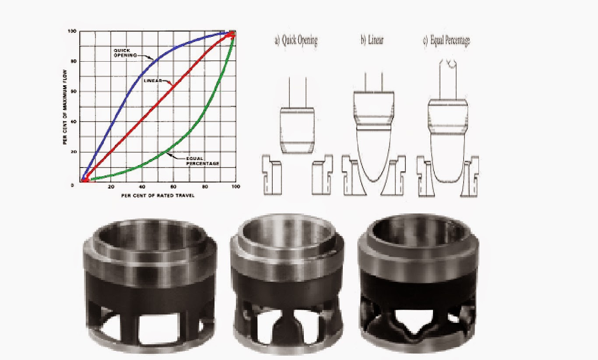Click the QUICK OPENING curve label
click(123, 53)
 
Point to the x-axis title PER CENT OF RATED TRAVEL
click(158, 196)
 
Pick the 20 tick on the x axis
click(111, 187)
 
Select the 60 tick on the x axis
click(174, 187)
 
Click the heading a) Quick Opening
click(296, 41)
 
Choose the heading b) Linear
click(372, 41)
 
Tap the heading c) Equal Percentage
click(447, 41)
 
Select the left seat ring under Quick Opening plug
click(271, 175)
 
